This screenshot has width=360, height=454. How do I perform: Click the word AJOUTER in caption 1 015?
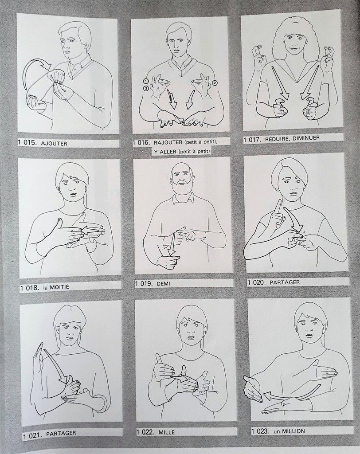[x=54, y=143]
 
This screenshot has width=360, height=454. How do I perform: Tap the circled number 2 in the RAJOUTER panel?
[x=215, y=83]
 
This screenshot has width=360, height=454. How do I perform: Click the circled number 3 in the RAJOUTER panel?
[x=146, y=88]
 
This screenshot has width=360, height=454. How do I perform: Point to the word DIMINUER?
[x=306, y=138]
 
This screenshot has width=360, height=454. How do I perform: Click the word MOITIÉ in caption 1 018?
[x=59, y=287]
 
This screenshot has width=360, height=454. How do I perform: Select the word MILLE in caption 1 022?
[x=167, y=432]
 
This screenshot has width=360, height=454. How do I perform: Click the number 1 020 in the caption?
[x=256, y=282]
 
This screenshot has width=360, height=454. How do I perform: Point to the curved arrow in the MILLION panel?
[x=293, y=393]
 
